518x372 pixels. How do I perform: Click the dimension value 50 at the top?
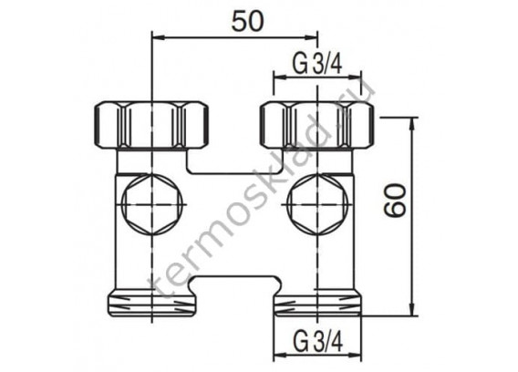tap(247, 21)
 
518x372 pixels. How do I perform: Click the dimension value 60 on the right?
tap(396, 201)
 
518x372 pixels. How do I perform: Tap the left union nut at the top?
tap(151, 125)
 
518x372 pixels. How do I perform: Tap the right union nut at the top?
tap(317, 125)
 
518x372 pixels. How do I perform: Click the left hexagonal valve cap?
tap(151, 205)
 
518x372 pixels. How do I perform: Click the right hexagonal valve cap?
tap(317, 205)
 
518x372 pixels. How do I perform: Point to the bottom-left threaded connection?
tap(151, 303)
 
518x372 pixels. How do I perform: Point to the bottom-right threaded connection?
tap(317, 303)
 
